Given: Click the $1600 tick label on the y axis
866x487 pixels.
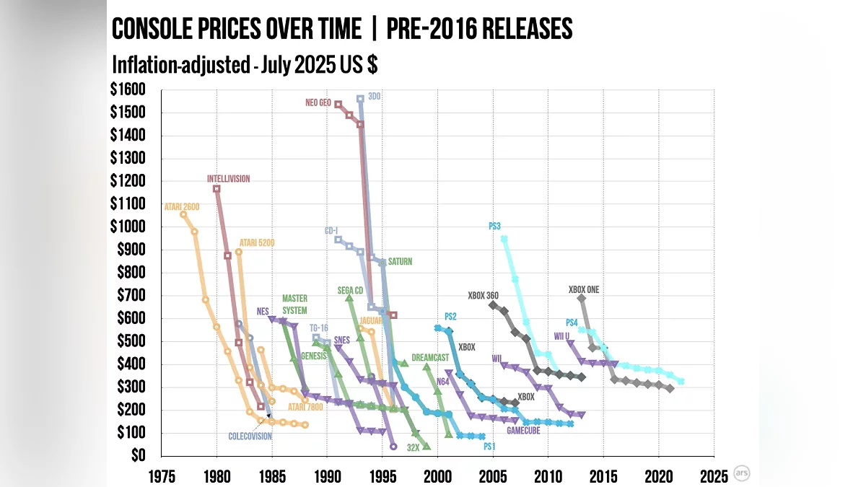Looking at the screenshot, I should click(128, 89).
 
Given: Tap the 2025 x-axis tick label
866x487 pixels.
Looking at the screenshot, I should click(713, 476).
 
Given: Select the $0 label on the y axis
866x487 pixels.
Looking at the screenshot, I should click(137, 455).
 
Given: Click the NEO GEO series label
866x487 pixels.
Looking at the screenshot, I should click(318, 103).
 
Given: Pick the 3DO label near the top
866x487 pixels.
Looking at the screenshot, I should click(374, 96).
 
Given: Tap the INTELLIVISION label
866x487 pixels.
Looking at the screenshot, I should click(228, 179).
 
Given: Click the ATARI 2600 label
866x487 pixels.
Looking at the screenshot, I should click(182, 207).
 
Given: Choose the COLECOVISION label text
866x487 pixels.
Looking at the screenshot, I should click(250, 436).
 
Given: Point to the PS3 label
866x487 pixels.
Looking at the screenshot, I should click(494, 226).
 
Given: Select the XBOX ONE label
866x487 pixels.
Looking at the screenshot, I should click(584, 290).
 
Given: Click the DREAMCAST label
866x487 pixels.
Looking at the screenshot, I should click(430, 357).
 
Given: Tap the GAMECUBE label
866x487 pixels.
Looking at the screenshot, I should click(524, 431).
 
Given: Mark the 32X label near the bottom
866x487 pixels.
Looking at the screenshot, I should click(413, 447).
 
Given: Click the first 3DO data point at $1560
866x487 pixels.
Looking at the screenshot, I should click(360, 99).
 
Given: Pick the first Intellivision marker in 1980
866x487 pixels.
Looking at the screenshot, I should click(216, 189).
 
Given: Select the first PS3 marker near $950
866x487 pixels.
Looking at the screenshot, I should click(504, 239).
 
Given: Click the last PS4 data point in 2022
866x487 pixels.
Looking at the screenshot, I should click(681, 381).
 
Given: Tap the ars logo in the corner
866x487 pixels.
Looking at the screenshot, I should click(741, 473).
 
